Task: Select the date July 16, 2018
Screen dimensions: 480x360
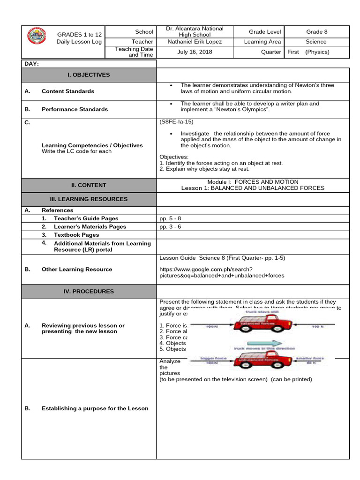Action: (x=195, y=52)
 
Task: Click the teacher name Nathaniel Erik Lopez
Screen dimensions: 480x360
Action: (x=195, y=42)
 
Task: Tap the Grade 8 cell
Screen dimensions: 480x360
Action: (x=317, y=32)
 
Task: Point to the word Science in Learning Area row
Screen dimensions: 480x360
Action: (x=316, y=42)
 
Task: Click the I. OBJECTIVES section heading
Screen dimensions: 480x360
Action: (x=89, y=75)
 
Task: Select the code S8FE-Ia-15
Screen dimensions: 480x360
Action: (x=176, y=121)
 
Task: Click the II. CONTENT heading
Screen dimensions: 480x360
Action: (x=89, y=185)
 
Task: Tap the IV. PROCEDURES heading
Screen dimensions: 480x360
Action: (x=89, y=291)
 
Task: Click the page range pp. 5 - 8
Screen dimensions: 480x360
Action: (x=170, y=218)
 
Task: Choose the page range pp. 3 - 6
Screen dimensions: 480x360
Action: (x=170, y=226)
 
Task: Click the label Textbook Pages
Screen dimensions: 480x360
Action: (x=76, y=234)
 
